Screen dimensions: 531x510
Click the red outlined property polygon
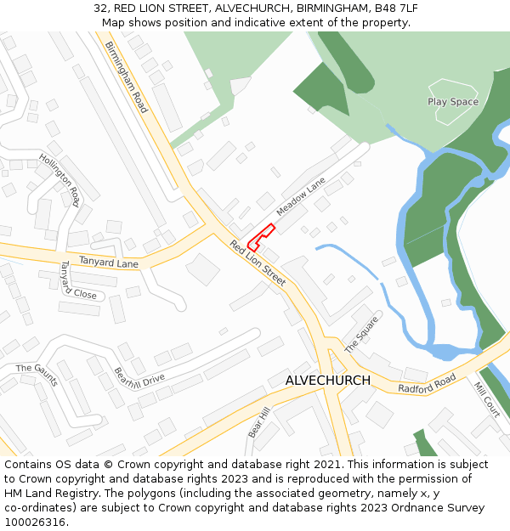(x=259, y=237)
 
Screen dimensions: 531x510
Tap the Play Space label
(x=452, y=102)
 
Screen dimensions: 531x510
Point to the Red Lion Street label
(x=257, y=263)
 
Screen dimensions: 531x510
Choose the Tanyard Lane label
(x=108, y=263)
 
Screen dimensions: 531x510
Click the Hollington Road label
(x=59, y=179)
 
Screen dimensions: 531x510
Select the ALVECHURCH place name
(x=328, y=381)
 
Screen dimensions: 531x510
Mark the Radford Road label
(x=427, y=383)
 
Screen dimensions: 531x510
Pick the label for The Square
(x=361, y=335)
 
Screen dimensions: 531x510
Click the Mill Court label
(x=487, y=399)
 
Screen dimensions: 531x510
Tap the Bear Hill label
(x=258, y=422)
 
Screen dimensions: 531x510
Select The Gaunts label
(x=37, y=375)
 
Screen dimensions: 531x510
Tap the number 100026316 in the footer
(x=35, y=523)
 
